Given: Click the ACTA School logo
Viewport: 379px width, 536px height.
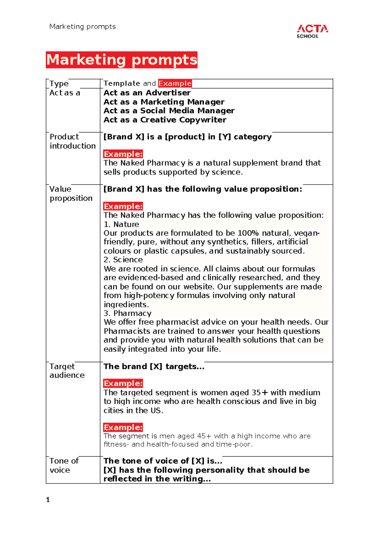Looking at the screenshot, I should click(x=312, y=32).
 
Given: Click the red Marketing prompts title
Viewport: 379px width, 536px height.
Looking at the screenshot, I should click(x=122, y=60).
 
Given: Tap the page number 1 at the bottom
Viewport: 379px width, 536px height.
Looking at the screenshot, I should click(x=48, y=500).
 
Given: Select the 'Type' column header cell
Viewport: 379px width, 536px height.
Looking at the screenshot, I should click(x=59, y=84).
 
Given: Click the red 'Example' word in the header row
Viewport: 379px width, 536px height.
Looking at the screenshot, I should click(x=175, y=83).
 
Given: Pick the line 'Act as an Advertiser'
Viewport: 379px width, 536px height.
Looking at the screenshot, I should click(x=147, y=93).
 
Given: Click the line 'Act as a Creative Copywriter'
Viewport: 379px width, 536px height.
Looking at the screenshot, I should click(x=165, y=120).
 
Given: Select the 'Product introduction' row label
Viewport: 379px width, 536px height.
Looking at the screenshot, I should click(x=72, y=141).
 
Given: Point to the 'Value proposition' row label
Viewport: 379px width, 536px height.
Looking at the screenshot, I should click(x=71, y=193).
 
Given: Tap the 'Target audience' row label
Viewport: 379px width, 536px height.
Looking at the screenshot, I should click(x=67, y=371).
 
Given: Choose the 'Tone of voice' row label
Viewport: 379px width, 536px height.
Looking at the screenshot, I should click(x=64, y=465).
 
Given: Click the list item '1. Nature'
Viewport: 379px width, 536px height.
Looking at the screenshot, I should click(x=121, y=224).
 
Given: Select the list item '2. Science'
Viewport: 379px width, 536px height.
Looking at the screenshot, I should click(x=123, y=260).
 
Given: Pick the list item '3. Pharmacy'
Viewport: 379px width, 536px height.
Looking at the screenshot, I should click(x=127, y=314).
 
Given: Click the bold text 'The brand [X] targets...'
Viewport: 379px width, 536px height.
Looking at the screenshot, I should click(x=154, y=367).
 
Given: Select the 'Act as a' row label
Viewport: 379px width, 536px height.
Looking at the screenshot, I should click(x=64, y=93).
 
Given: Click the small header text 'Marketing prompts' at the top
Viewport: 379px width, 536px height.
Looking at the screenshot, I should click(x=82, y=27).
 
